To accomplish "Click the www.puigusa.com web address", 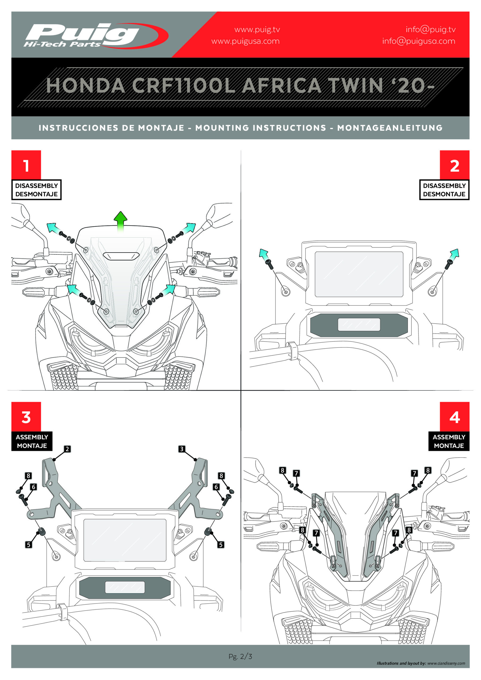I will coord(245,41).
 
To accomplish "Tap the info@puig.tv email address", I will coord(430,29).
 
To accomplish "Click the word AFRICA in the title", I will coord(281,86).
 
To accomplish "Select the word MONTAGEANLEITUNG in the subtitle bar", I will coord(390,128).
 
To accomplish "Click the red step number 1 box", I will coord(26,165).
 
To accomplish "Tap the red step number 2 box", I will coord(454,165).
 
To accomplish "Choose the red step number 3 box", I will coord(26,416).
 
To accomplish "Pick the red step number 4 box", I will coord(454,416).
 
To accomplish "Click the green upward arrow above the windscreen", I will coord(120,221).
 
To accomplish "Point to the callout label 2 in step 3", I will coord(67,449).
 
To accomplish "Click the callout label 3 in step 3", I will coord(182,449).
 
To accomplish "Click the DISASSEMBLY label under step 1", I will coord(36,186).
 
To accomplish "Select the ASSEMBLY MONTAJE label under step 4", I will coord(449,441).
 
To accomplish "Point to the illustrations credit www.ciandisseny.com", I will coord(446,663).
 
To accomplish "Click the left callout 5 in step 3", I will coord(28,544).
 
